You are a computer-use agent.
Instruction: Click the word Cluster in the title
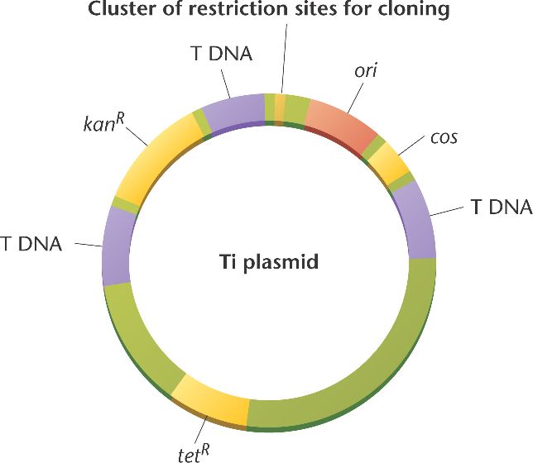[x=118, y=11]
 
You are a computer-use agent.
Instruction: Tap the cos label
[x=443, y=137]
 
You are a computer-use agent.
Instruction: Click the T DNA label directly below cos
[x=500, y=207]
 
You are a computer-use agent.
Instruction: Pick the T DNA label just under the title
[x=218, y=54]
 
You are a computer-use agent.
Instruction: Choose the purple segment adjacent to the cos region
[x=414, y=219]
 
